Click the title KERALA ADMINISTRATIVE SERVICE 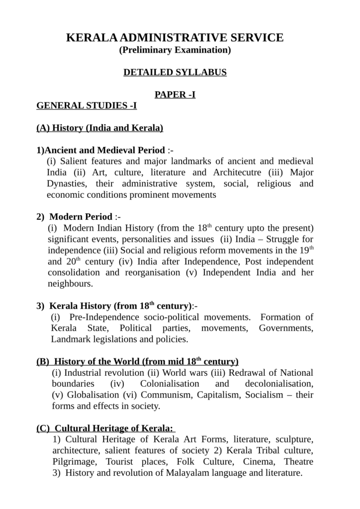click(x=175, y=38)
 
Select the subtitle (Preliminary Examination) click(x=175, y=50)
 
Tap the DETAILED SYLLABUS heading click(x=175, y=73)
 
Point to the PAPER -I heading click(x=175, y=95)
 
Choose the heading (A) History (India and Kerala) click(x=100, y=128)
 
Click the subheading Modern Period click(x=81, y=217)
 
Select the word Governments click(x=286, y=329)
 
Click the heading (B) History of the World click(x=138, y=361)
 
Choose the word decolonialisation click(x=279, y=384)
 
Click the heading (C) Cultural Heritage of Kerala click(x=105, y=428)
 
